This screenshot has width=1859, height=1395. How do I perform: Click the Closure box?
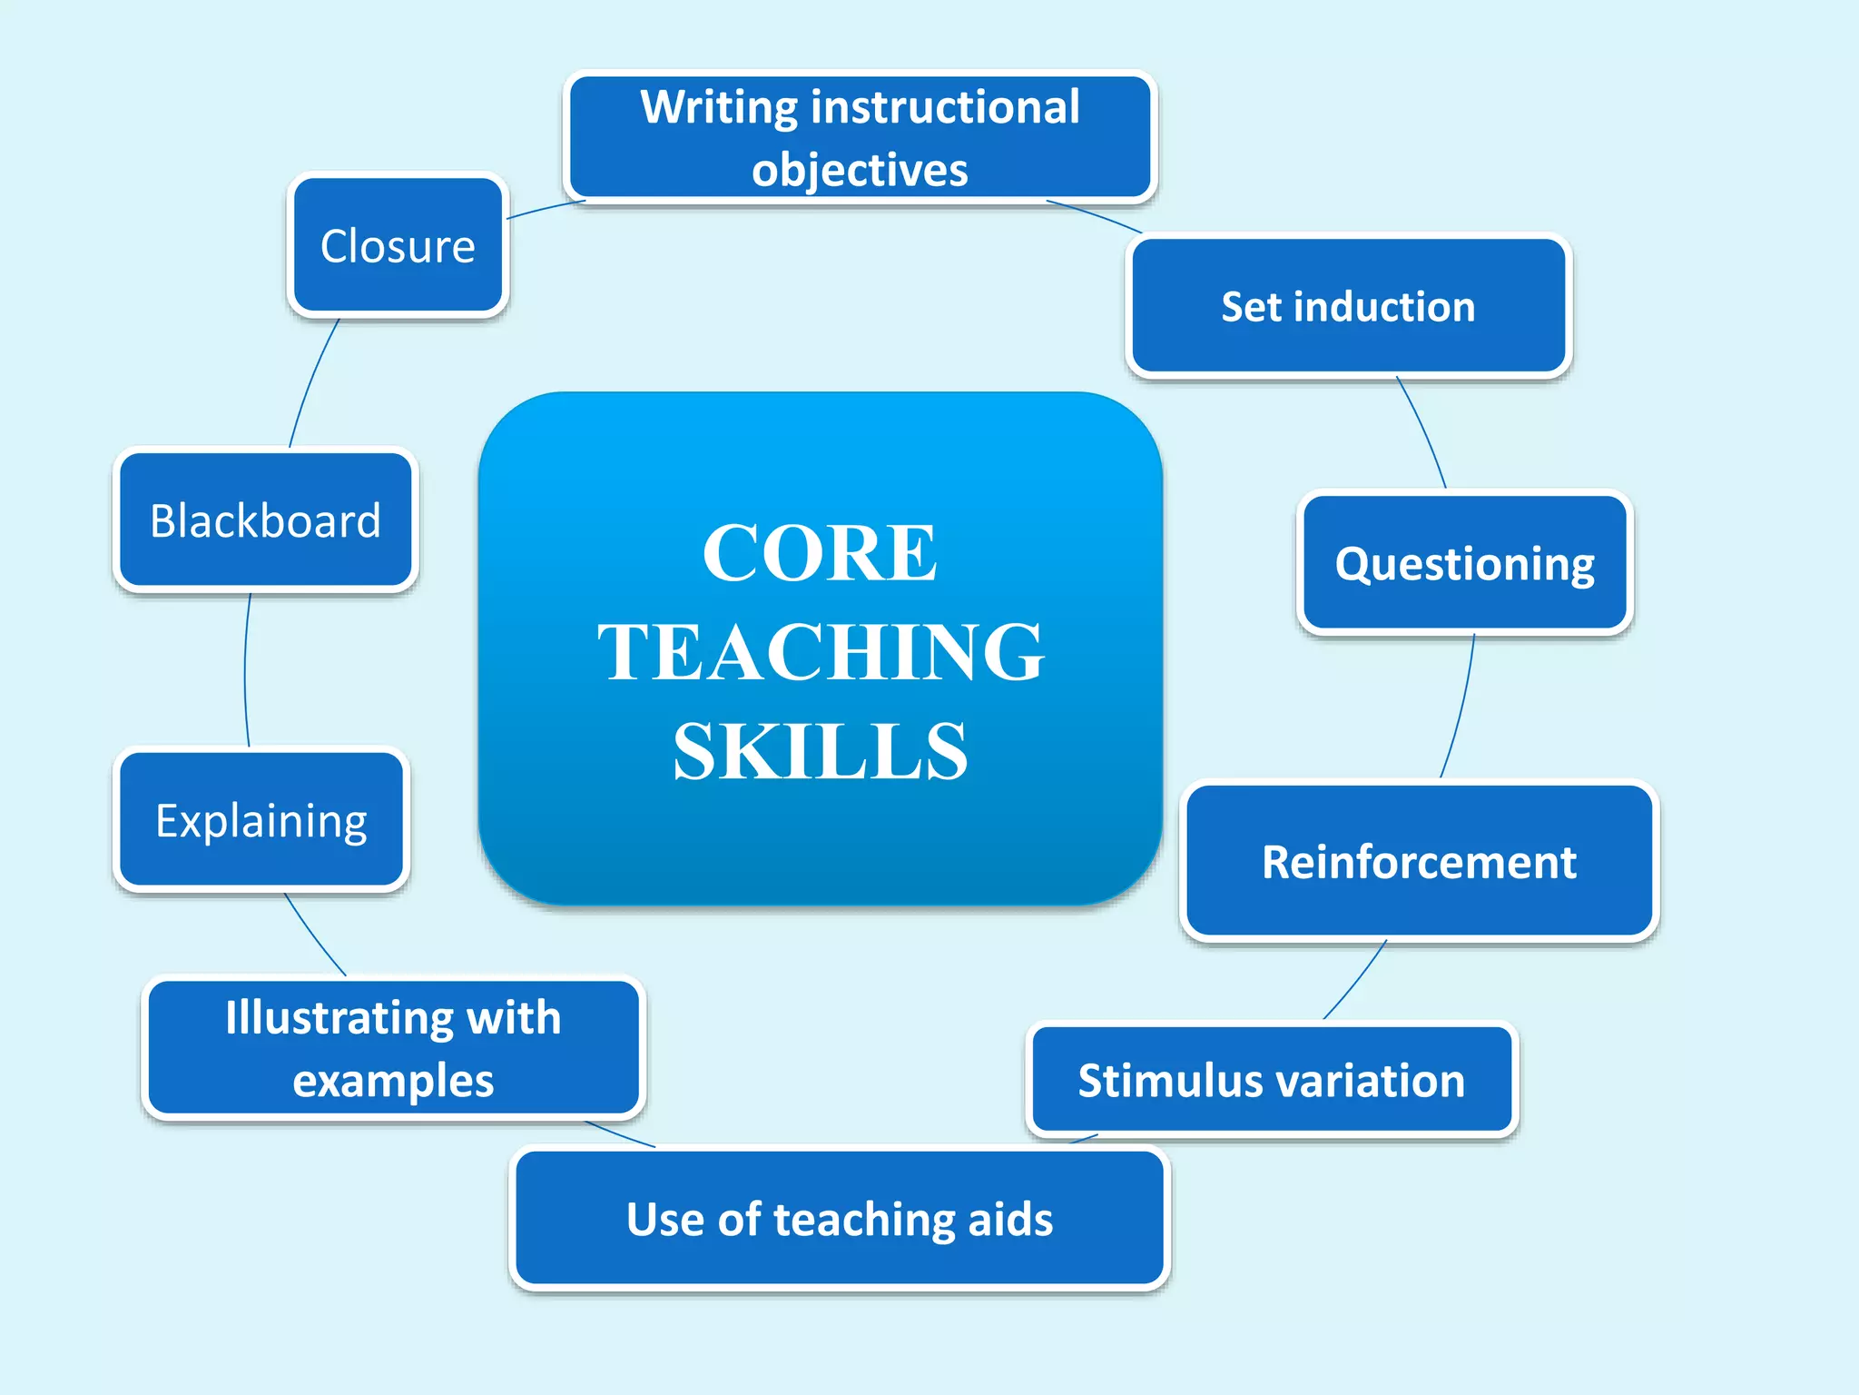coord(398,245)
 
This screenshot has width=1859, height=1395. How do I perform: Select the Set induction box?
coord(1348,306)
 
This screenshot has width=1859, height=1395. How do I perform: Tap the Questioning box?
coord(1464,563)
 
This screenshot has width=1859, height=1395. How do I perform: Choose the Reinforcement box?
coord(1419,861)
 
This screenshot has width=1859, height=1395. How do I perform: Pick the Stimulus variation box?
coord(1271,1080)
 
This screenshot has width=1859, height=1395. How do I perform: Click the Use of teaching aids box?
coord(840,1218)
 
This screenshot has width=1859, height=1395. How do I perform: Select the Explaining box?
coord(261,820)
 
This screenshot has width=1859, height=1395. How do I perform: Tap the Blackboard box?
coord(265,520)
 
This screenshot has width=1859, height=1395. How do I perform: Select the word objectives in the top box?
coord(860,170)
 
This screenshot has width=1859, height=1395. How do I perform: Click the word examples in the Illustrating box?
coord(393,1081)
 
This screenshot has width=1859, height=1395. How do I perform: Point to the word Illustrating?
coord(339,1017)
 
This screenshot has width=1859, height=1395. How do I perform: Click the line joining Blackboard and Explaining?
coord(245,672)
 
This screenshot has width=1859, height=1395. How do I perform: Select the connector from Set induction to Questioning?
coord(1424,432)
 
